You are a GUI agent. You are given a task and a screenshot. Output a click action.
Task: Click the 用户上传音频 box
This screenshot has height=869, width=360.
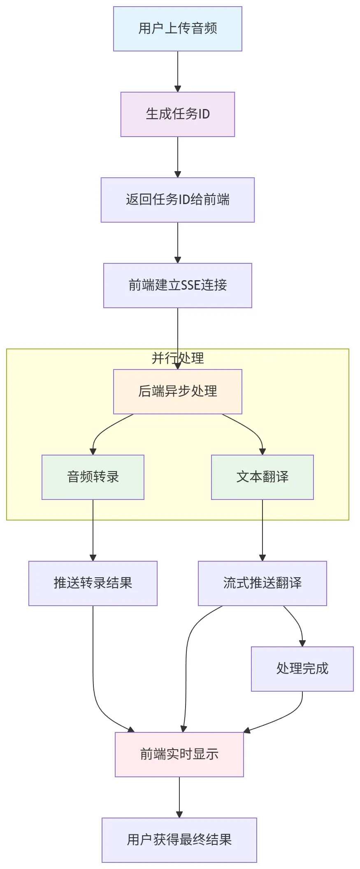pos(177,29)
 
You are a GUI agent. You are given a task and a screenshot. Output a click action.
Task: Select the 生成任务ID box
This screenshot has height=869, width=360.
pos(177,114)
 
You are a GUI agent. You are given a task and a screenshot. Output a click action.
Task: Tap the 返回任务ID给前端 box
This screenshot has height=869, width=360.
pos(177,200)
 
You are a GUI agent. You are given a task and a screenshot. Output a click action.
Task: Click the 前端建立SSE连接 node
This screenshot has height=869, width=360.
pos(177,286)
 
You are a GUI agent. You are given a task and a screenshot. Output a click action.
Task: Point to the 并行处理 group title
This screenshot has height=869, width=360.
pos(177,358)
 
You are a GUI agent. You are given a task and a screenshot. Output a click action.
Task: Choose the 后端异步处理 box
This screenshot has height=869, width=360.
pos(177,391)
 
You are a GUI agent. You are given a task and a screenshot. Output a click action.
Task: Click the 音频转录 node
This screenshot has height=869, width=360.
pos(93,477)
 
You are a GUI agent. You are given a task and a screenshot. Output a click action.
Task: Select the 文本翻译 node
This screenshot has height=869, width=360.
pos(262,477)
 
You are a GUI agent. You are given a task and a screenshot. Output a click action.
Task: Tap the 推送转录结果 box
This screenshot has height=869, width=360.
pos(93,583)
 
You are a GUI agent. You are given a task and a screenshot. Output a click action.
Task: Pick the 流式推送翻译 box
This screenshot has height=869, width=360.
pos(262,583)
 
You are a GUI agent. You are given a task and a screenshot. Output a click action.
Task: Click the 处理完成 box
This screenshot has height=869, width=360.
pos(302,669)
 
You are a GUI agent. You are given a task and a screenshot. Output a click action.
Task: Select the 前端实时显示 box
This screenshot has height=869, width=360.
pos(179,754)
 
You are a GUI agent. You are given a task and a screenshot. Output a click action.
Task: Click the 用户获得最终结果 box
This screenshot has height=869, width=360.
pos(179,840)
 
